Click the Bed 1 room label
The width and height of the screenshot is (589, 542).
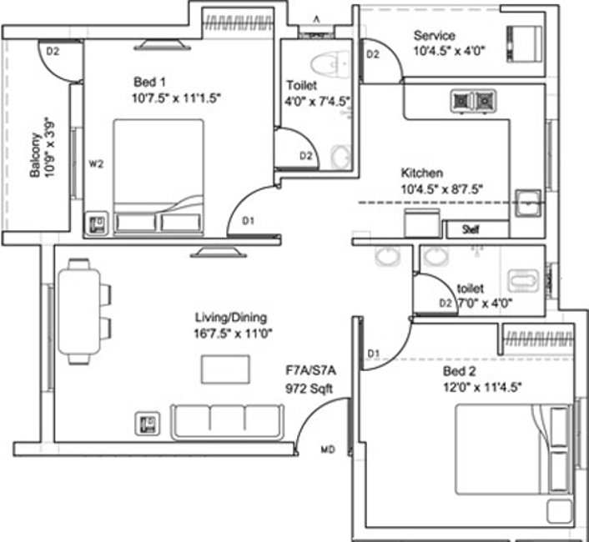click(x=150, y=82)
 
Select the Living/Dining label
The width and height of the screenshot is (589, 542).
click(x=230, y=317)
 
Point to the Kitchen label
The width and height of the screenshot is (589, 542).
click(x=421, y=173)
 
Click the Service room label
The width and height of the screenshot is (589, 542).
click(x=434, y=36)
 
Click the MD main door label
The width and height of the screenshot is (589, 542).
click(x=328, y=451)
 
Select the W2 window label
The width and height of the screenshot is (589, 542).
click(x=96, y=164)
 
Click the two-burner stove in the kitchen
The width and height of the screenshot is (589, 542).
click(x=473, y=101)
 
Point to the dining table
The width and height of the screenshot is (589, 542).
click(x=81, y=311)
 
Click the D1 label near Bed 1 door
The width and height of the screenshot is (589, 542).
click(x=248, y=221)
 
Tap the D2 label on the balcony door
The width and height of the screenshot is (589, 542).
click(x=53, y=51)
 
